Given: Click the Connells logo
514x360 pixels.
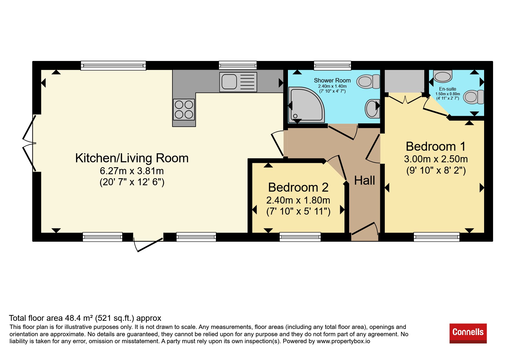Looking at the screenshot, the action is click(468, 333).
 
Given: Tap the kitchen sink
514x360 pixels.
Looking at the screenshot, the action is click(238, 82).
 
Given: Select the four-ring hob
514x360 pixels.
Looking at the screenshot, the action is click(184, 109).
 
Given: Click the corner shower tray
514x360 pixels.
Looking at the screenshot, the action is click(306, 105).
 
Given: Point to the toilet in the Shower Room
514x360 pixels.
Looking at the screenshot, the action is click(368, 81).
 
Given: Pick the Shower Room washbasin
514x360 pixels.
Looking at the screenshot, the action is click(372, 109).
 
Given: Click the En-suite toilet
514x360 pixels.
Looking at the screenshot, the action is click(473, 97).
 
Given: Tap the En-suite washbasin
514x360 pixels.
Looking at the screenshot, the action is click(443, 76).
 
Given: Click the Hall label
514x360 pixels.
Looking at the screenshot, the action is click(365, 181).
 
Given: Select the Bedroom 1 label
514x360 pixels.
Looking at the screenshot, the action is click(436, 146).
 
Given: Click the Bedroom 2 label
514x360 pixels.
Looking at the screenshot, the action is click(298, 188).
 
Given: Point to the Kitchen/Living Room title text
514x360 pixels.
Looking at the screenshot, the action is click(132, 158).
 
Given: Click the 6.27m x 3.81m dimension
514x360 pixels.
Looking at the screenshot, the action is click(132, 171).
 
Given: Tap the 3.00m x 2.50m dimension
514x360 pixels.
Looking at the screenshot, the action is click(436, 159).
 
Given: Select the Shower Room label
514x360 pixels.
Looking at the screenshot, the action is click(332, 80).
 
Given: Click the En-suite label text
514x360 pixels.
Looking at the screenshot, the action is click(448, 89).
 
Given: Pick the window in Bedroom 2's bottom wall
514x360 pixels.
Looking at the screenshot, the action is click(300, 237).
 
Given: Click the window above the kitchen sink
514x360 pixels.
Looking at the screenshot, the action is click(238, 65).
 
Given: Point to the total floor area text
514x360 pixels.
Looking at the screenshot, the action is click(85, 318).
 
